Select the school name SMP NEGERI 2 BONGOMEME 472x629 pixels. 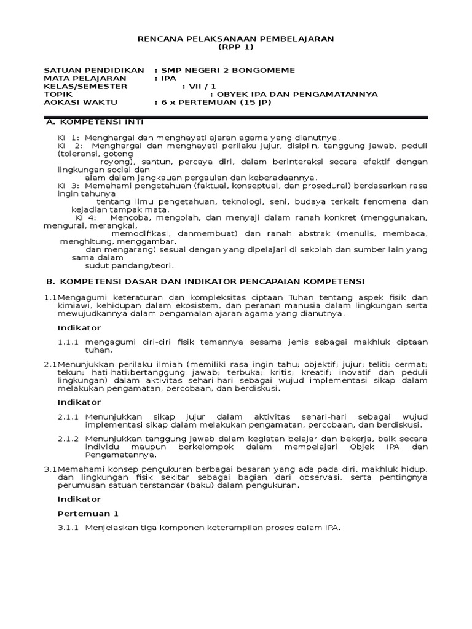(227, 71)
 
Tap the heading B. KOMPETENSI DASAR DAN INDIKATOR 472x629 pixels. (206, 281)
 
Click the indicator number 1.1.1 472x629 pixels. (68, 342)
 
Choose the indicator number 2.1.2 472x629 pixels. (68, 439)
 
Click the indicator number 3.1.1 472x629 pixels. (68, 528)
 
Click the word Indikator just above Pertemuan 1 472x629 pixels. (79, 499)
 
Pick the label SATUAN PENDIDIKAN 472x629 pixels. (94, 71)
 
